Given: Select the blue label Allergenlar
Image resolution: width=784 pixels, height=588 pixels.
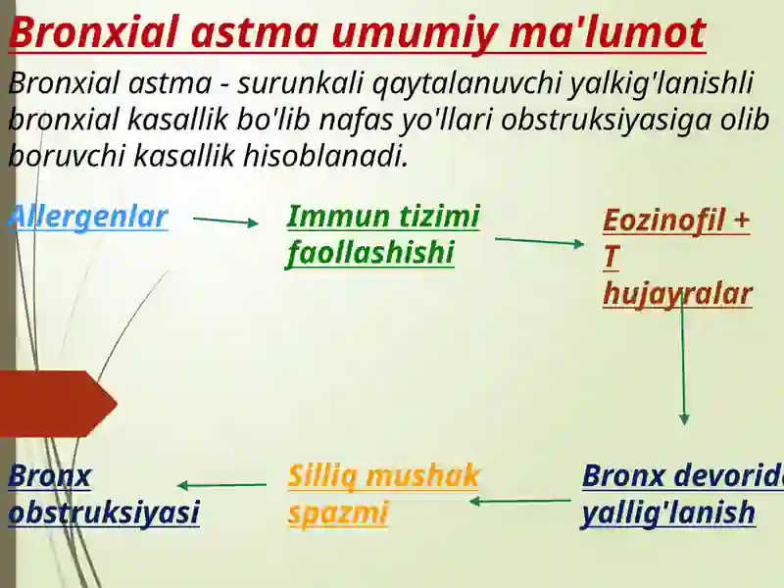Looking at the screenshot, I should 87,217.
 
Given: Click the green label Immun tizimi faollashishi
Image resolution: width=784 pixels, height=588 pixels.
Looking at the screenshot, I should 382,235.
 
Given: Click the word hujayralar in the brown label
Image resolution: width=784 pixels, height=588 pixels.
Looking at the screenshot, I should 677,294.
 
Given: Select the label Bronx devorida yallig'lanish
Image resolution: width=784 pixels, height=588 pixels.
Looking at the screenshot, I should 681,494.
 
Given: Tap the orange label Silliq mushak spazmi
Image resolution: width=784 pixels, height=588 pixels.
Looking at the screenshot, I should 383,494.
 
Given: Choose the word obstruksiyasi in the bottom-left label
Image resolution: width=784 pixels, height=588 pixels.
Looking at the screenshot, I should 104,513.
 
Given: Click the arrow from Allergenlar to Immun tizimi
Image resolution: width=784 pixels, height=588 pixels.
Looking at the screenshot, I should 226,221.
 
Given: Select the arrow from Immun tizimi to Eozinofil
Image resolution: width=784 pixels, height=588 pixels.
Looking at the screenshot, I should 539,241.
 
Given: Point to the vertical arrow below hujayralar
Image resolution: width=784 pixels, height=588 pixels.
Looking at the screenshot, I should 683,363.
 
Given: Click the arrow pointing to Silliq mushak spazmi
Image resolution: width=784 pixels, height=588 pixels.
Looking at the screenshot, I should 519,501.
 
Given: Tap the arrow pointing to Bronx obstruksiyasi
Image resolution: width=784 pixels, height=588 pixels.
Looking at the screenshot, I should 222,485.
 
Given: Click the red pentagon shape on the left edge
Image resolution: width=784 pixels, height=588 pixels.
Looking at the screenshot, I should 54,403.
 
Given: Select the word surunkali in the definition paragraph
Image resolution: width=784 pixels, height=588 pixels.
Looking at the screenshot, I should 288,84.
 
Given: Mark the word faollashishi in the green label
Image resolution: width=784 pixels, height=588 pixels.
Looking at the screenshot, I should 370,254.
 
